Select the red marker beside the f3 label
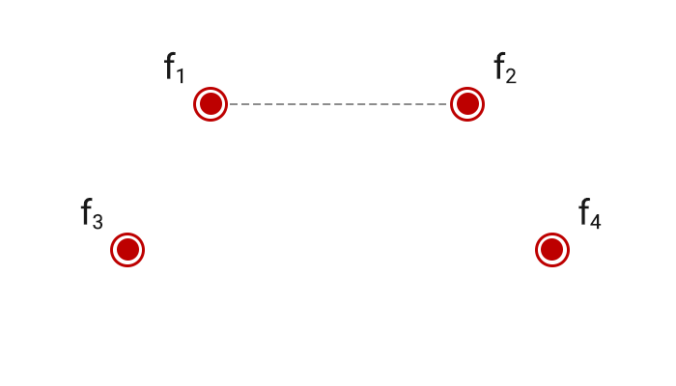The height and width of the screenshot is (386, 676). click(127, 250)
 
